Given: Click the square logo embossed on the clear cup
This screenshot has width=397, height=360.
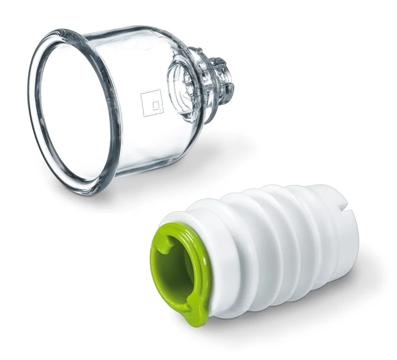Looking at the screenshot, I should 151,102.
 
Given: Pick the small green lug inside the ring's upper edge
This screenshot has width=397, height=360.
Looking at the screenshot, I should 168,241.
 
